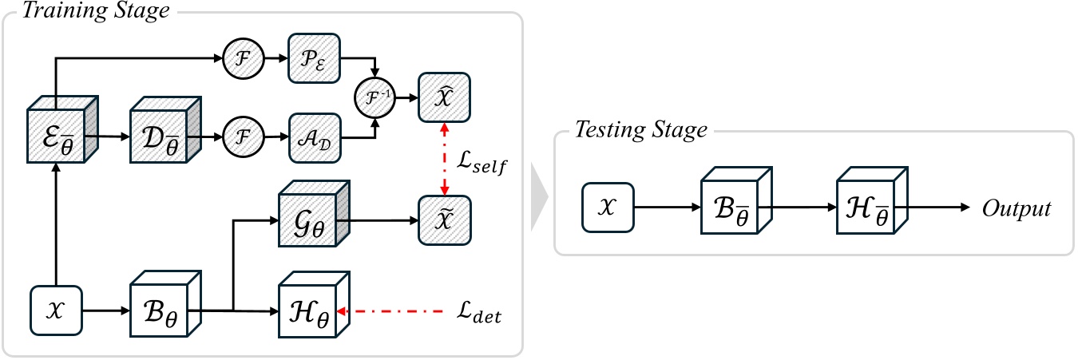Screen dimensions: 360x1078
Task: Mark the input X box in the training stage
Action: (57, 307)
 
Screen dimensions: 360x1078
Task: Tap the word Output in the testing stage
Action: (1016, 209)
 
